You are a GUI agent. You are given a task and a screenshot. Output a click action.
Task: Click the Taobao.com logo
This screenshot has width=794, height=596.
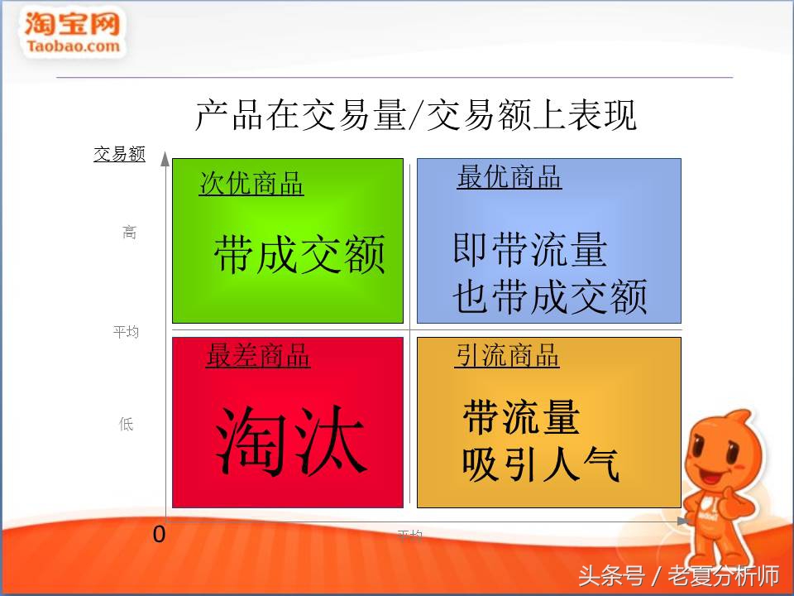click(73, 33)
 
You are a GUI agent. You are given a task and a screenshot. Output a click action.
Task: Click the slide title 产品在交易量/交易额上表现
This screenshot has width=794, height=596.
click(415, 115)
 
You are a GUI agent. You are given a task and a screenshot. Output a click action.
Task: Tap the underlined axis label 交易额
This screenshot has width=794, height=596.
click(119, 154)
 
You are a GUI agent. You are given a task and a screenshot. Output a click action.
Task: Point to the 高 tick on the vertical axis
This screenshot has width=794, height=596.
click(129, 233)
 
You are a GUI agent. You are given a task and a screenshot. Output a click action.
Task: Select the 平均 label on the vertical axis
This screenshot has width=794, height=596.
click(126, 332)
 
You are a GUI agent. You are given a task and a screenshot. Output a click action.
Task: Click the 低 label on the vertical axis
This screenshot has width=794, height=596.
click(126, 425)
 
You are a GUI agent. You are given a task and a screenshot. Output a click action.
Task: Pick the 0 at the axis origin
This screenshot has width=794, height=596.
click(159, 535)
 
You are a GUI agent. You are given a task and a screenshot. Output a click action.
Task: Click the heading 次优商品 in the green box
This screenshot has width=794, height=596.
click(251, 184)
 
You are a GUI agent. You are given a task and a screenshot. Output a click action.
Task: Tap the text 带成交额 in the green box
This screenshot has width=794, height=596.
click(299, 255)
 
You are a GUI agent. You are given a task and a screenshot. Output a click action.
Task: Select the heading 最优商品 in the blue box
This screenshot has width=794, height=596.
click(509, 177)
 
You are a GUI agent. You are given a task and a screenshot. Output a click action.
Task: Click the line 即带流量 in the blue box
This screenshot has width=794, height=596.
click(529, 249)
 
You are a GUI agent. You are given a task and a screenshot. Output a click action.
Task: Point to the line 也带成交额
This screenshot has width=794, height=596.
click(550, 297)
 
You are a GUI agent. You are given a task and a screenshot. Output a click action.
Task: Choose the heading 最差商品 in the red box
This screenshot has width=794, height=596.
click(258, 356)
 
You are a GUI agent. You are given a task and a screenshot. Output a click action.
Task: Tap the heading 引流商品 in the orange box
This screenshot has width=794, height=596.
click(507, 356)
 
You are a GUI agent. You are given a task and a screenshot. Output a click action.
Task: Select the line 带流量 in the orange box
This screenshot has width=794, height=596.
click(521, 417)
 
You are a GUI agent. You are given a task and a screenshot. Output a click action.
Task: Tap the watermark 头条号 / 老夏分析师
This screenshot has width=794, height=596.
click(678, 575)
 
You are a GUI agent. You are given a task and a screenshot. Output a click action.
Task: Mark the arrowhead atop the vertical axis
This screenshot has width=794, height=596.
click(165, 158)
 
